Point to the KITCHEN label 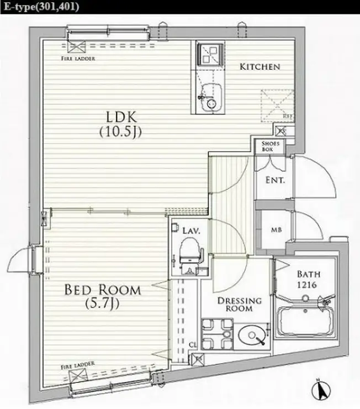tap(260, 67)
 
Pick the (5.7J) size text tap(102, 303)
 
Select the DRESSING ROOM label tap(239, 305)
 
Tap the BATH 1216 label tap(308, 279)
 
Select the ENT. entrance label tap(274, 180)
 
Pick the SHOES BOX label tap(274, 146)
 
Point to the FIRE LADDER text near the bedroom tap(77, 364)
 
